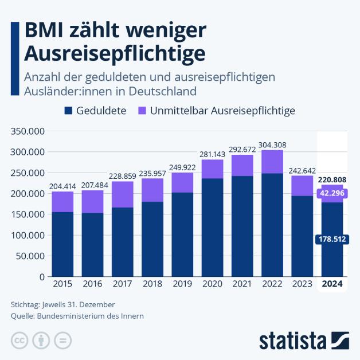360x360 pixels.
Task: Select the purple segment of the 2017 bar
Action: tap(123, 194)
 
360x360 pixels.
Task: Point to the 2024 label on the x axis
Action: tap(332, 284)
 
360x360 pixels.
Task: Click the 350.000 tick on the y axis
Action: tap(28, 131)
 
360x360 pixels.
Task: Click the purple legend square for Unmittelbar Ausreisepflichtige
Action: tap(142, 111)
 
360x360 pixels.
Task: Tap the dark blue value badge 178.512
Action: tap(332, 239)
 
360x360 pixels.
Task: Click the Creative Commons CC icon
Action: tap(19, 339)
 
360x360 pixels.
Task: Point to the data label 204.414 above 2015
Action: tap(62, 186)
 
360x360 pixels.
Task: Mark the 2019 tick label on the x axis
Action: tap(182, 284)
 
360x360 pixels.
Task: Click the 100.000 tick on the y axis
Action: tap(28, 235)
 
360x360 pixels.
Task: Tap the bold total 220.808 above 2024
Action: tap(332, 179)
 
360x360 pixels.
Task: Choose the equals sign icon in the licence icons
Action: tap(63, 339)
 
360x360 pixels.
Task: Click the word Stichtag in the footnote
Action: tap(25, 304)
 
